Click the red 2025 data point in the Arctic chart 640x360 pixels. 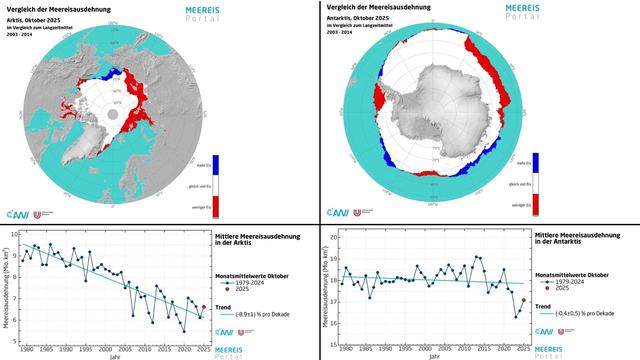pos(203,308)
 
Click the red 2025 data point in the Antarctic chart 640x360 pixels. pos(523,300)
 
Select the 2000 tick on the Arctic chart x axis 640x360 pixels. pos(100,349)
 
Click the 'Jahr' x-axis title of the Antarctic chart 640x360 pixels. pos(432,355)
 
